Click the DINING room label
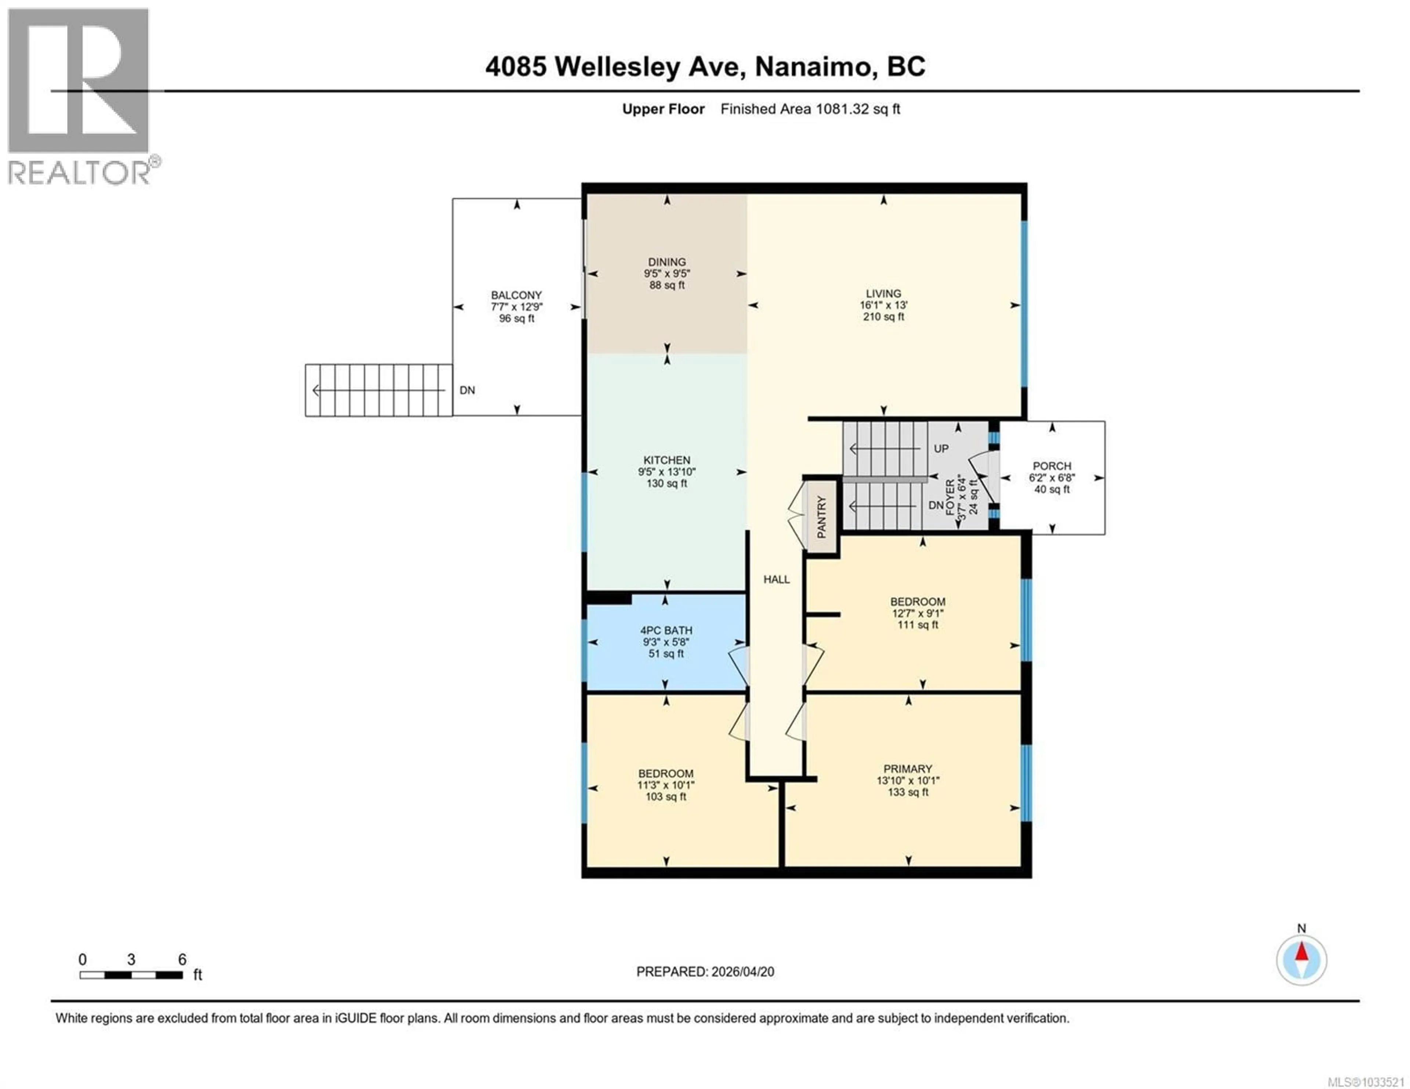[x=666, y=262]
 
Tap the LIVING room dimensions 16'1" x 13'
[x=883, y=305]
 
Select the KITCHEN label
[x=666, y=460]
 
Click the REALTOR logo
[x=79, y=97]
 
